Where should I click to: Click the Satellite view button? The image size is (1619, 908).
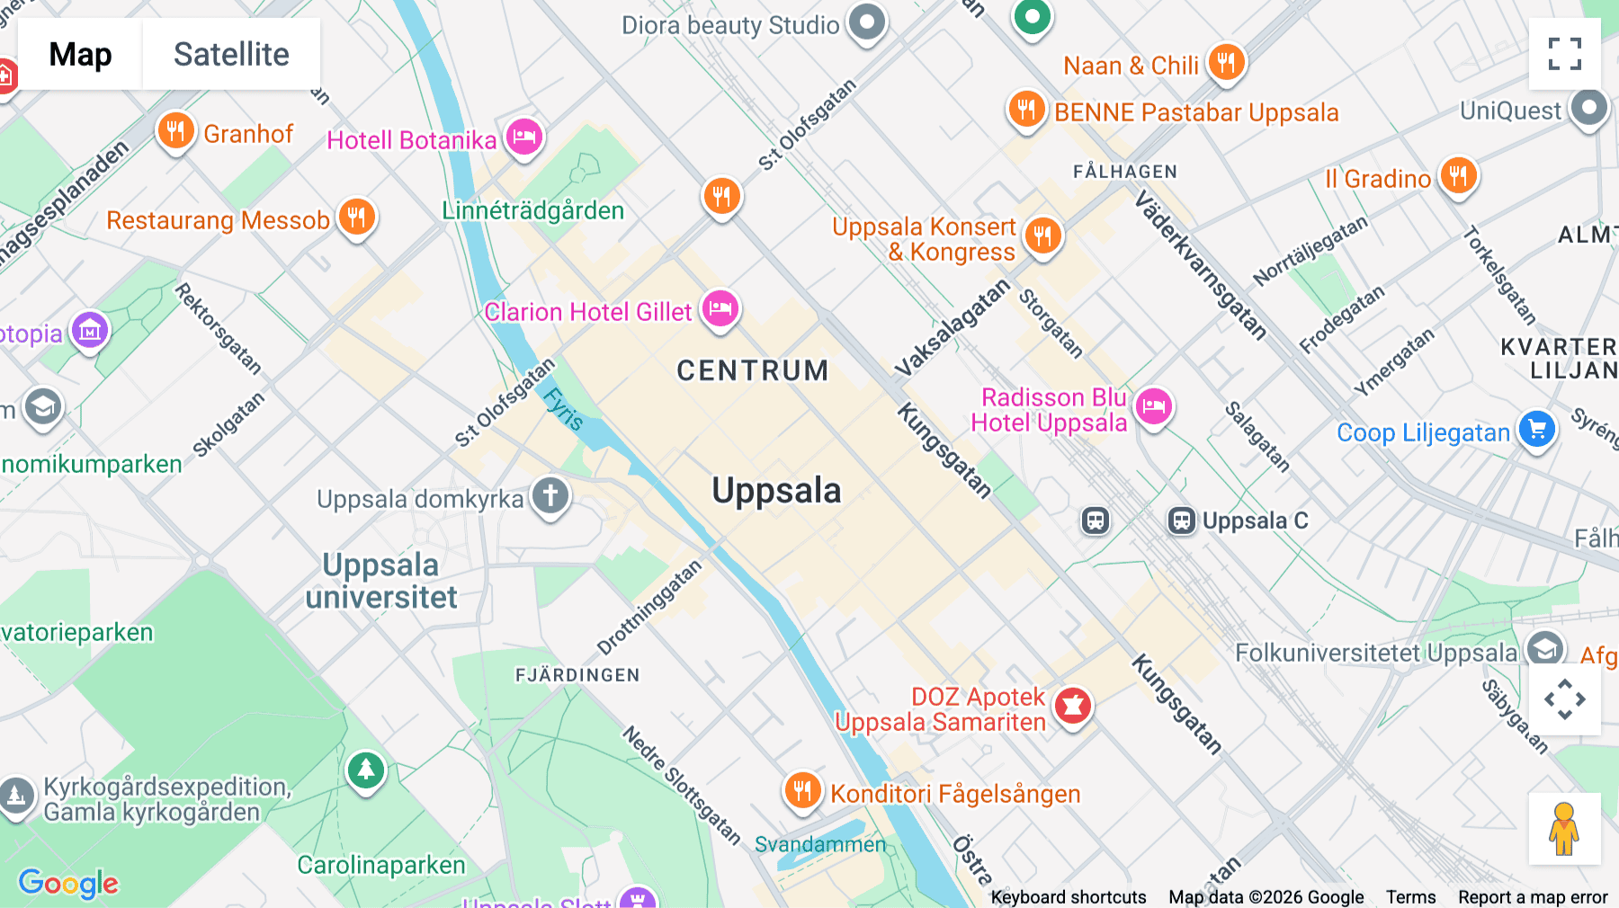click(x=231, y=54)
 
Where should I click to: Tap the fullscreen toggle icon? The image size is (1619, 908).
click(x=1564, y=54)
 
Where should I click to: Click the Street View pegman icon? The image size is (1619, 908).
click(x=1564, y=828)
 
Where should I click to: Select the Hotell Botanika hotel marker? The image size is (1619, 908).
click(x=524, y=138)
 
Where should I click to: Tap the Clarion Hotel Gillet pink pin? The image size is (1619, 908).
click(x=720, y=309)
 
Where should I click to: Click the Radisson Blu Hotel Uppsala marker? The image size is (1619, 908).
click(x=1154, y=407)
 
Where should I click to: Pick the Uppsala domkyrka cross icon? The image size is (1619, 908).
click(x=550, y=496)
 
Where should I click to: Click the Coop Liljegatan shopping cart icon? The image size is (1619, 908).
click(x=1537, y=429)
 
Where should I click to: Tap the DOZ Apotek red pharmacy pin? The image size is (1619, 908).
click(x=1072, y=707)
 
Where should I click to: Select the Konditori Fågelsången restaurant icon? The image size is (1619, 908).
click(x=802, y=791)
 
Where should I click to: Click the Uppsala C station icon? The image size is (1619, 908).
click(x=1182, y=521)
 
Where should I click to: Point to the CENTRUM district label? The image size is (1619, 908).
click(x=753, y=370)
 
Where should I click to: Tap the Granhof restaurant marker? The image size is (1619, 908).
click(x=176, y=131)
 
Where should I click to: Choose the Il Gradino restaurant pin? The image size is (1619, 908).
click(x=1458, y=175)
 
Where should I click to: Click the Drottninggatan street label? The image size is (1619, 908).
click(x=648, y=608)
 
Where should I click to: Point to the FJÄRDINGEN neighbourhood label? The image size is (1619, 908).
click(x=577, y=675)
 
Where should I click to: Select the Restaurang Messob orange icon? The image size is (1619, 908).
click(x=357, y=218)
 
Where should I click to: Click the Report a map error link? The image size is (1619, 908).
click(x=1533, y=897)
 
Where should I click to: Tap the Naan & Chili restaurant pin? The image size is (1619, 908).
click(x=1226, y=62)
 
